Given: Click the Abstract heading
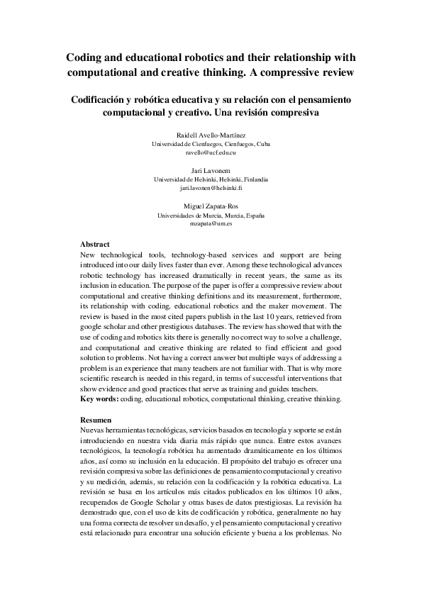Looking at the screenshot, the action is [x=95, y=244].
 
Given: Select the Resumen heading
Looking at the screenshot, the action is [x=96, y=420].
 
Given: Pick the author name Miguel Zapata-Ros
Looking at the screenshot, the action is [x=211, y=206].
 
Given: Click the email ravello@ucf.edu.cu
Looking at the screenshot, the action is [x=211, y=152].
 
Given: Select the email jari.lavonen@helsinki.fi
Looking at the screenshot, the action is [x=211, y=188].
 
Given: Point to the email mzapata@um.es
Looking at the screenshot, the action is [x=211, y=223].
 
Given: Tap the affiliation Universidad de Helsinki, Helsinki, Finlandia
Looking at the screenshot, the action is [x=211, y=179].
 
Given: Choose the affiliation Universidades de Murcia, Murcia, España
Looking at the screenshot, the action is [x=211, y=215].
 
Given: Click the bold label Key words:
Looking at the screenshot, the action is [x=99, y=399].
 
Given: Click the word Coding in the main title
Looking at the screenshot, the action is [x=84, y=57].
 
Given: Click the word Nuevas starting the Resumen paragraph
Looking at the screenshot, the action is [x=96, y=431].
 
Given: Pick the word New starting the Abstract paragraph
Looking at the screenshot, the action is [x=88, y=254].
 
